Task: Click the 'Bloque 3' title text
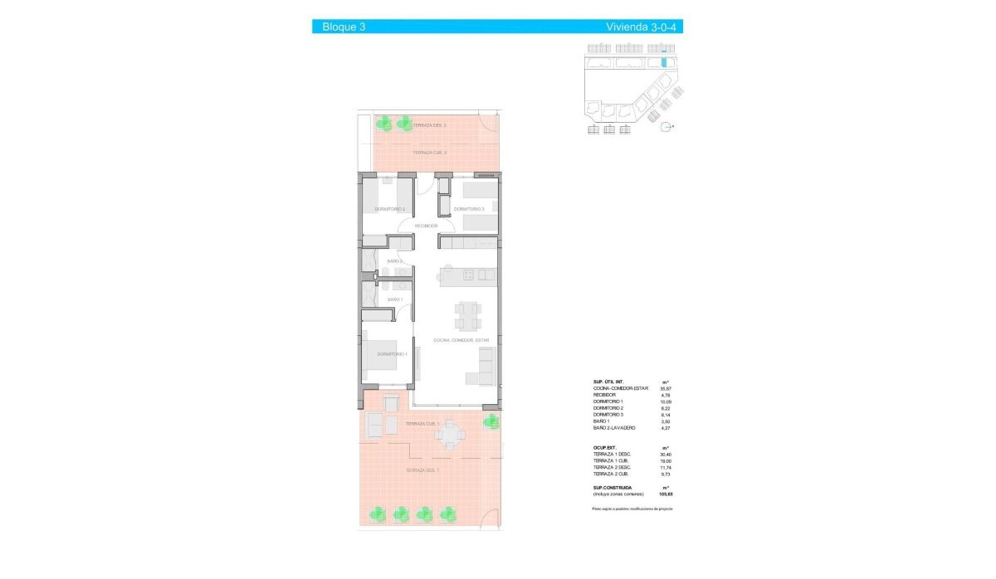click(x=344, y=27)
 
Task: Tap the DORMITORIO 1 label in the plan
click(x=392, y=354)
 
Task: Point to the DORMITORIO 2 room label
click(x=389, y=209)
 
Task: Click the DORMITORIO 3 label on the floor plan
click(x=468, y=209)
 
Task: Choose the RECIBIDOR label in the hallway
click(x=426, y=226)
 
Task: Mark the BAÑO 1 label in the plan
click(x=394, y=299)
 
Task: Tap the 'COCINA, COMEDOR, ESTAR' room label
click(x=461, y=340)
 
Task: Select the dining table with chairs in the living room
click(x=466, y=314)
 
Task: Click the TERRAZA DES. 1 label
click(x=422, y=470)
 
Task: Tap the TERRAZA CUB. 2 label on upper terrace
click(x=430, y=153)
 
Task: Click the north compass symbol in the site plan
click(x=667, y=127)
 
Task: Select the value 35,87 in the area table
click(x=666, y=388)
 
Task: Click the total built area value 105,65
click(x=665, y=494)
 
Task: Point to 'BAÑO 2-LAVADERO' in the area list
click(x=614, y=427)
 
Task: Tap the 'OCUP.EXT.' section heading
click(x=604, y=447)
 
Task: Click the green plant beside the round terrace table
click(x=491, y=420)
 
